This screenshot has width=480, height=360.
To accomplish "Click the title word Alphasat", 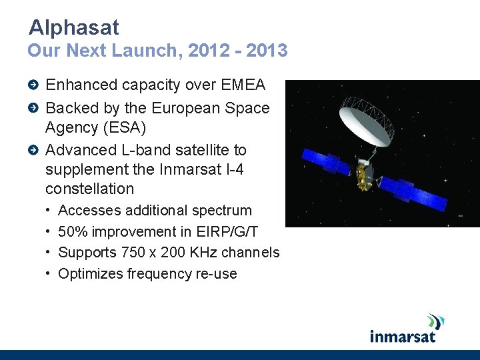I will [74, 27].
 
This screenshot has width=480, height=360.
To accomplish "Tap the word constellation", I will [89, 189].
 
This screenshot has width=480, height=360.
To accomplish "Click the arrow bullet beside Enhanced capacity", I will [34, 85].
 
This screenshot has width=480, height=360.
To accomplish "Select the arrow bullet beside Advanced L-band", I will [34, 150].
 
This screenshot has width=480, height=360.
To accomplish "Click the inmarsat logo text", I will [403, 335].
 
